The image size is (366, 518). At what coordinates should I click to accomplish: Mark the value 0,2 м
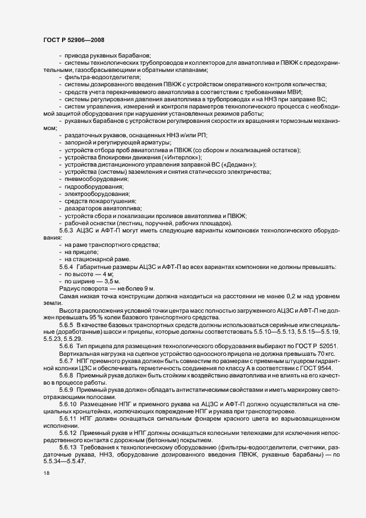265,296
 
